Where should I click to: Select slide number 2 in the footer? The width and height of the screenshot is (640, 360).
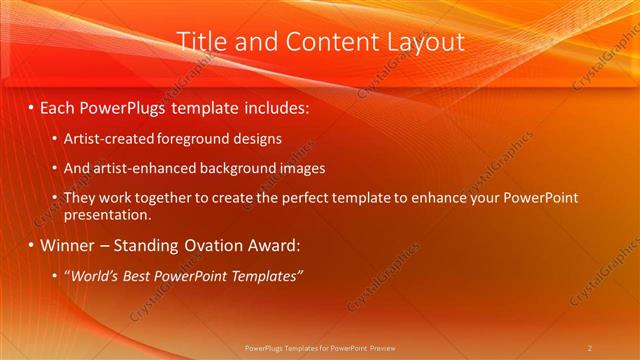pyautogui.click(x=590, y=347)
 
